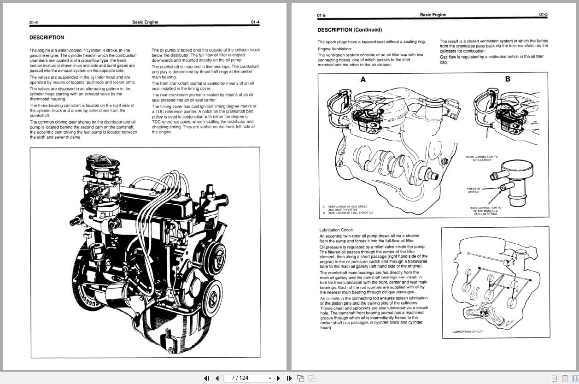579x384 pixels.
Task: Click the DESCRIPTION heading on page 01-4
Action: pyautogui.click(x=47, y=38)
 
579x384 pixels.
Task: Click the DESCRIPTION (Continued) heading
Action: pyautogui.click(x=350, y=30)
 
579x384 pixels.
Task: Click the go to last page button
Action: pyautogui.click(x=289, y=378)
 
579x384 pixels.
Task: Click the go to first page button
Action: pyautogui.click(x=206, y=378)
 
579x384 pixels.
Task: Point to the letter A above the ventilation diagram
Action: pyautogui.click(x=363, y=79)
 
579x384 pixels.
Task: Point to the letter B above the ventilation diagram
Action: pyautogui.click(x=508, y=79)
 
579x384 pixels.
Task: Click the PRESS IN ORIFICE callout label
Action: pyautogui.click(x=473, y=190)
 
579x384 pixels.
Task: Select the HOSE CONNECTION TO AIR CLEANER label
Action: pyautogui.click(x=482, y=158)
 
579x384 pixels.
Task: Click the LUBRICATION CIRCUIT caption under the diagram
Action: pyautogui.click(x=468, y=332)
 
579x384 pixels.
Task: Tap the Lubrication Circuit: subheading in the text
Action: pyautogui.click(x=336, y=230)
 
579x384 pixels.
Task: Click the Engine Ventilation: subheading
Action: pyautogui.click(x=334, y=49)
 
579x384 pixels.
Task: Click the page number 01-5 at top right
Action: pyautogui.click(x=543, y=15)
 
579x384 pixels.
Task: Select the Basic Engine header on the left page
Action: pyautogui.click(x=145, y=22)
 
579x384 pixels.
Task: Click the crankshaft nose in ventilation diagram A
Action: pyautogui.click(x=432, y=175)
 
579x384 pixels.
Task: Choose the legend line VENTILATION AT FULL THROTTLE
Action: pyautogui.click(x=350, y=213)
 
